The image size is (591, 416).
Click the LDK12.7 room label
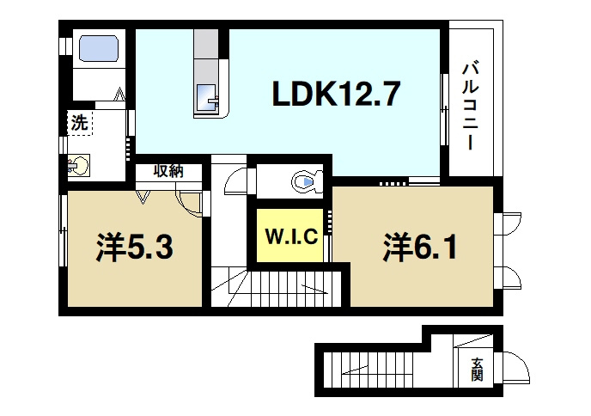coord(337,94)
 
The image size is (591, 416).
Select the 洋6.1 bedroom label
coord(421,248)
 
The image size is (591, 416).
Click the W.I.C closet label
coord(291,236)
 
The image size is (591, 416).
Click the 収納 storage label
coord(168,170)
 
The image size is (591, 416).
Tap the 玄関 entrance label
coord(477,369)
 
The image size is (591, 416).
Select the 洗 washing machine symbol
coord(79,123)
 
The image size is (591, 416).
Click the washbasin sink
coord(79,163)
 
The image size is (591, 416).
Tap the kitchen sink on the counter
coord(208,99)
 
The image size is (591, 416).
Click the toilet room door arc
coord(233,183)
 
